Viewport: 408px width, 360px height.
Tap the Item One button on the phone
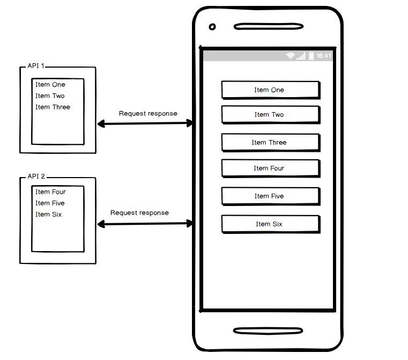point(270,90)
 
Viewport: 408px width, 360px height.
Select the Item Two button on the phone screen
point(270,115)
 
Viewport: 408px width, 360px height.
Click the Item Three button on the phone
point(270,142)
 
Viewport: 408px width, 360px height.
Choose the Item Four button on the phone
point(270,168)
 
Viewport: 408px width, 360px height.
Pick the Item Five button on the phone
point(270,196)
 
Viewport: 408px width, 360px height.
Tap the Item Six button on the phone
point(270,224)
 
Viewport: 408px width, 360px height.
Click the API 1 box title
point(36,67)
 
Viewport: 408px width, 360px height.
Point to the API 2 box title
point(36,177)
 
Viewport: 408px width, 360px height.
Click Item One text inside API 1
point(50,85)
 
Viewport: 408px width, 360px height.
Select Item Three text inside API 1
point(53,107)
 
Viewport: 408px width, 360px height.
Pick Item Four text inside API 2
point(51,192)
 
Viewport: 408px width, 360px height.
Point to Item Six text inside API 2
point(49,215)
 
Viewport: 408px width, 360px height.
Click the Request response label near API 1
point(148,114)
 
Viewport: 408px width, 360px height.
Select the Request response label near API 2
point(139,213)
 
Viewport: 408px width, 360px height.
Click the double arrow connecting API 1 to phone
point(145,124)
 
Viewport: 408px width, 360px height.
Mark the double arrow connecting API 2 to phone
point(145,223)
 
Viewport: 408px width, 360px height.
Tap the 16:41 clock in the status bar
point(324,56)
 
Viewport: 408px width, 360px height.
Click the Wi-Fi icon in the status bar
point(291,56)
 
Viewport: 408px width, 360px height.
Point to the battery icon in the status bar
point(311,56)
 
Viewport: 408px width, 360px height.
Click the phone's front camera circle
point(212,27)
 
